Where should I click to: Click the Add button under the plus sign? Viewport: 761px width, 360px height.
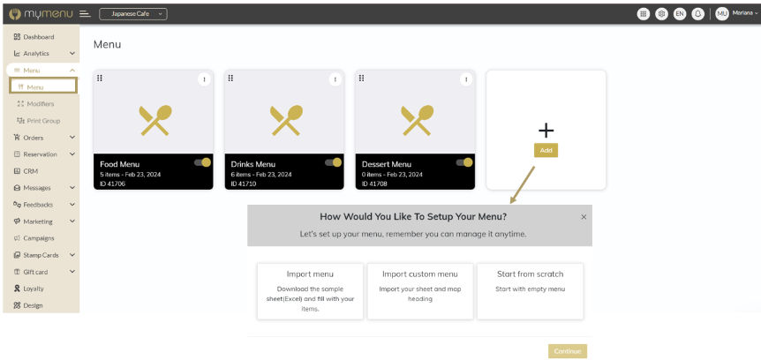tap(546, 150)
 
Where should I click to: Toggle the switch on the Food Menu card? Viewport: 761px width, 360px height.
tap(202, 162)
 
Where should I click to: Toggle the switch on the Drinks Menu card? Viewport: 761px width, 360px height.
tap(334, 162)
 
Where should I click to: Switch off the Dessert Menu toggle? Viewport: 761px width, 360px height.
tap(464, 162)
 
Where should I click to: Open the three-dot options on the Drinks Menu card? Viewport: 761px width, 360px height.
tap(335, 79)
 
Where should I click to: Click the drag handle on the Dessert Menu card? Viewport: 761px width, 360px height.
tap(362, 79)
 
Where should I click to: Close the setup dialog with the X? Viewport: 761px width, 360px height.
tap(584, 217)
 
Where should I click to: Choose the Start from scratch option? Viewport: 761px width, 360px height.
tap(530, 291)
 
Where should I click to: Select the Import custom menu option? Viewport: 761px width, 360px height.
tap(420, 291)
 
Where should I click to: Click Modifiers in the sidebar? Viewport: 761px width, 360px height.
tap(35, 104)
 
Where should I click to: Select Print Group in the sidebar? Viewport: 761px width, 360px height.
tap(38, 121)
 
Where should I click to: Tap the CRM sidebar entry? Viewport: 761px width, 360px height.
tap(26, 171)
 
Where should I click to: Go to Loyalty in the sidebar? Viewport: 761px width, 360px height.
tap(29, 289)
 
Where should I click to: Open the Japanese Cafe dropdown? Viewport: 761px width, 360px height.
tap(133, 14)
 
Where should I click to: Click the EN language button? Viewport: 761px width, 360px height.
tap(680, 14)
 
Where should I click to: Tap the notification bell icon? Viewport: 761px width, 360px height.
tap(698, 14)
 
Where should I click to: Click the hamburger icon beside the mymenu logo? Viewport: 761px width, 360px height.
tap(85, 14)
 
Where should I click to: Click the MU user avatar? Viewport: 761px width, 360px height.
tap(721, 14)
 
